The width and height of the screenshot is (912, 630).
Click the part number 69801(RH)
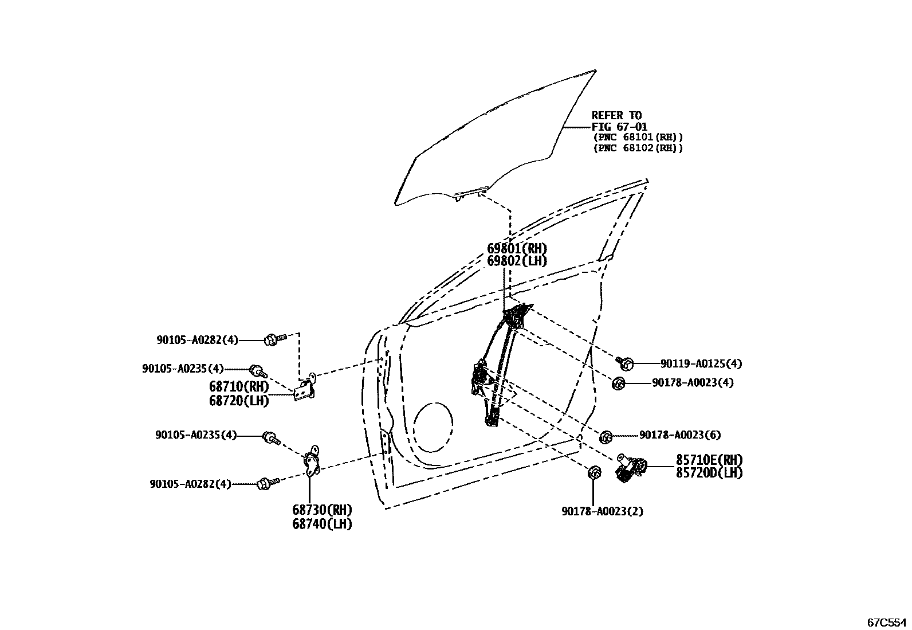pos(517,249)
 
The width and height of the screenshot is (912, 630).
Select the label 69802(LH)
pos(517,261)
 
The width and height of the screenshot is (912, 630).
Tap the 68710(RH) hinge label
pos(239,387)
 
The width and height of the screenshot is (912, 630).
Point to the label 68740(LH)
pos(322,524)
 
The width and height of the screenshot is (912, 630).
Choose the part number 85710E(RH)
pos(709,460)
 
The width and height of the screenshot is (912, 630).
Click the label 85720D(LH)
pos(709,473)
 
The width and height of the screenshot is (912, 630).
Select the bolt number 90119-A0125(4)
pos(701,363)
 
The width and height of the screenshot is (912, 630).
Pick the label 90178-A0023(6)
pos(680,435)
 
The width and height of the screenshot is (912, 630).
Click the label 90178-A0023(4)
pos(693,382)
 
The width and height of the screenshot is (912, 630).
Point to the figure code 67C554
pos(886,621)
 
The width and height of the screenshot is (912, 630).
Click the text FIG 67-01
pos(619,127)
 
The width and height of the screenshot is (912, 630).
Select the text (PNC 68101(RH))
pos(638,138)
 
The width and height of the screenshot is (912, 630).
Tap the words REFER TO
pos(616,116)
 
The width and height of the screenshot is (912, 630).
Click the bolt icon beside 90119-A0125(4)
pos(625,362)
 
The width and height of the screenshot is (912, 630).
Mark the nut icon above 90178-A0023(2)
pos(594,473)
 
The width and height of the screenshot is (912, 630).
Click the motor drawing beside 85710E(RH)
pos(632,467)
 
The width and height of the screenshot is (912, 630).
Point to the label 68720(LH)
pos(239,401)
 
